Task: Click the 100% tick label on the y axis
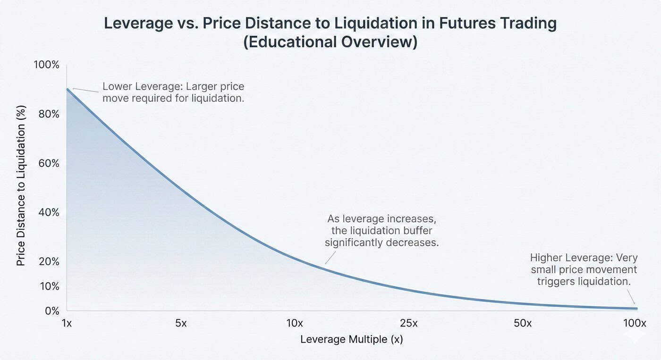46,65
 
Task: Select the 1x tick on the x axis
67,323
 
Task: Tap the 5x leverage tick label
180,323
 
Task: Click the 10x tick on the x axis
294,323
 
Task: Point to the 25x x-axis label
408,323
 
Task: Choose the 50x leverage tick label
522,323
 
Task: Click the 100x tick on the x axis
635,323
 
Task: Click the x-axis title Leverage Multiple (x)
351,339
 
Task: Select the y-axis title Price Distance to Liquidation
21,185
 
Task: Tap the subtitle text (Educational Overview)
330,42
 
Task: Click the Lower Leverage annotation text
173,92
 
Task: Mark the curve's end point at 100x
636,309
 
